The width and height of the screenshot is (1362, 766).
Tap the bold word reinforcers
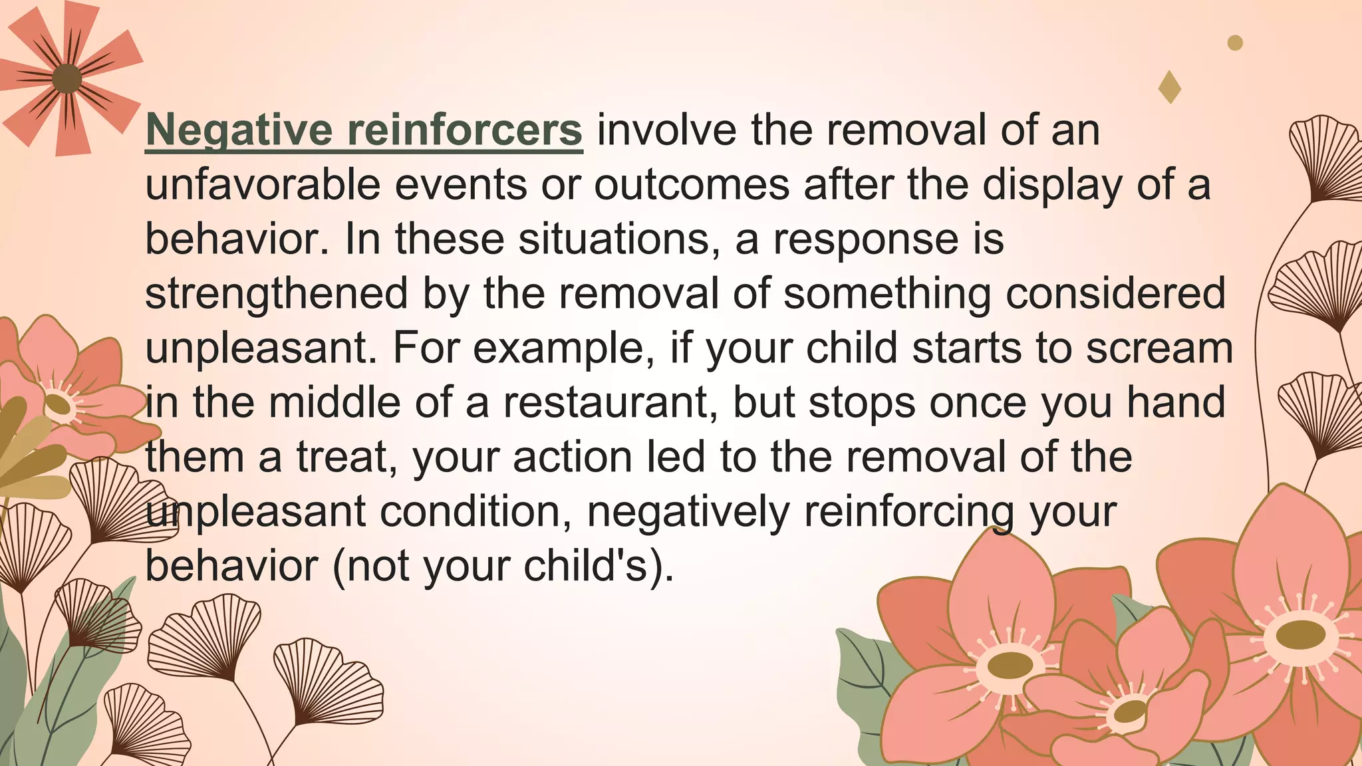pos(465,130)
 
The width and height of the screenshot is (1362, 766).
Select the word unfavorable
pos(263,185)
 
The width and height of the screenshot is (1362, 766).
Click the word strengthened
pos(277,294)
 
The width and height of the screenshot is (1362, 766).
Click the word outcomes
pos(692,185)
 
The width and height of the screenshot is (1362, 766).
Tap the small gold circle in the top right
pos(1235,43)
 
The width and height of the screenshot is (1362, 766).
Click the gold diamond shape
pos(1170,87)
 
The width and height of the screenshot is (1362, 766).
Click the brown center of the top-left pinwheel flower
pos(67,79)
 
